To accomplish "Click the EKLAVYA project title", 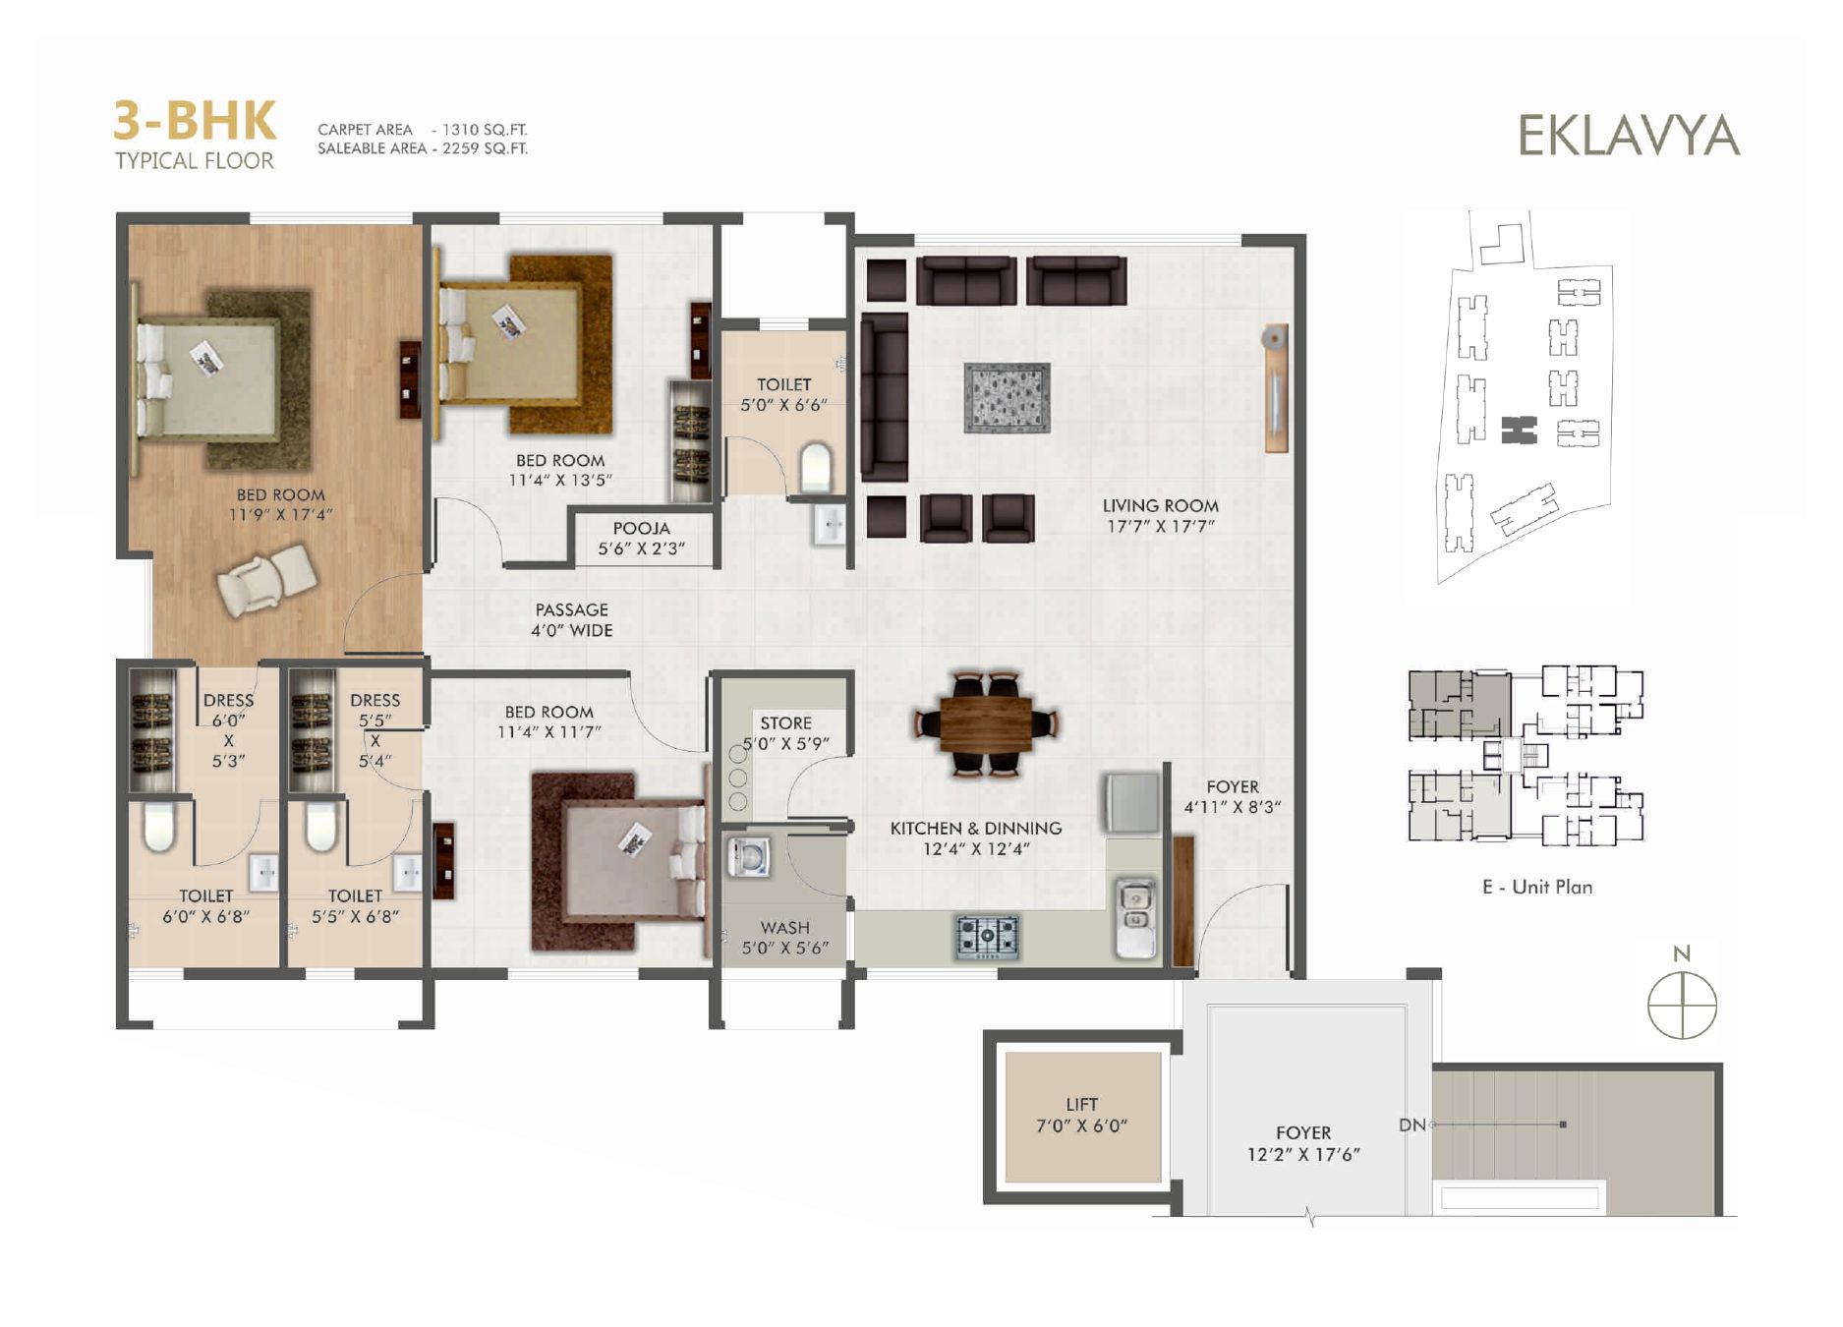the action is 1629,136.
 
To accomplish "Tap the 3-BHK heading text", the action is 195,121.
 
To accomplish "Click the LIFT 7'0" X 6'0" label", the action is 1081,1115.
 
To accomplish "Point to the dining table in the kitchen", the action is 986,722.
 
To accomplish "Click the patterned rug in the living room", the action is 1007,397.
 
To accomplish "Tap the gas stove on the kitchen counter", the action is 987,936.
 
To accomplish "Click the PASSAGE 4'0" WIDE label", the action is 572,620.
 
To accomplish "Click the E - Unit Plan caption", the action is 1537,887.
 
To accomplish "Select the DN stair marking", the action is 1411,1125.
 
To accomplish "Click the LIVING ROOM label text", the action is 1160,505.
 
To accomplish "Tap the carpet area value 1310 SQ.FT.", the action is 485,130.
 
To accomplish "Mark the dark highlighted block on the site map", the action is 1519,430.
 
